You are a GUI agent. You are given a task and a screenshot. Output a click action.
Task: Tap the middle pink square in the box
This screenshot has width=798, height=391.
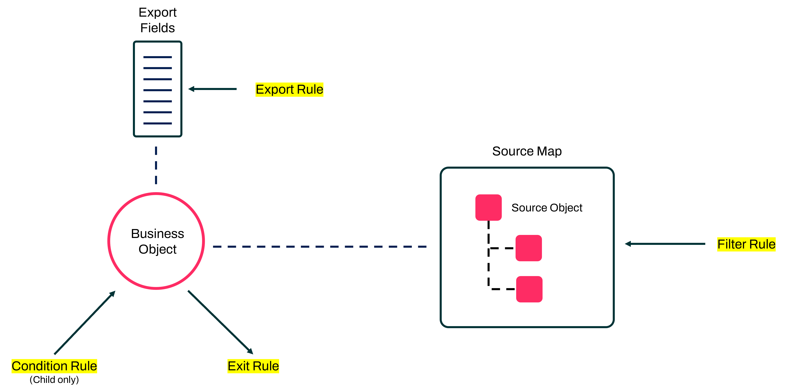[x=529, y=248]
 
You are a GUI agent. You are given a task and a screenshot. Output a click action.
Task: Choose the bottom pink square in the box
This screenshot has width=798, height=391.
[x=529, y=289]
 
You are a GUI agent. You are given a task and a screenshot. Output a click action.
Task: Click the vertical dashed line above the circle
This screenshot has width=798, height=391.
[x=156, y=165]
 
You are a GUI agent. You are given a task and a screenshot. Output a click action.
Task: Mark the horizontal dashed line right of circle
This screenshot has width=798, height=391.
[x=319, y=247]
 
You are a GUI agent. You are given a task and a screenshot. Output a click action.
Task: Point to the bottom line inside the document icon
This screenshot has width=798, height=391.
[x=157, y=123]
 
